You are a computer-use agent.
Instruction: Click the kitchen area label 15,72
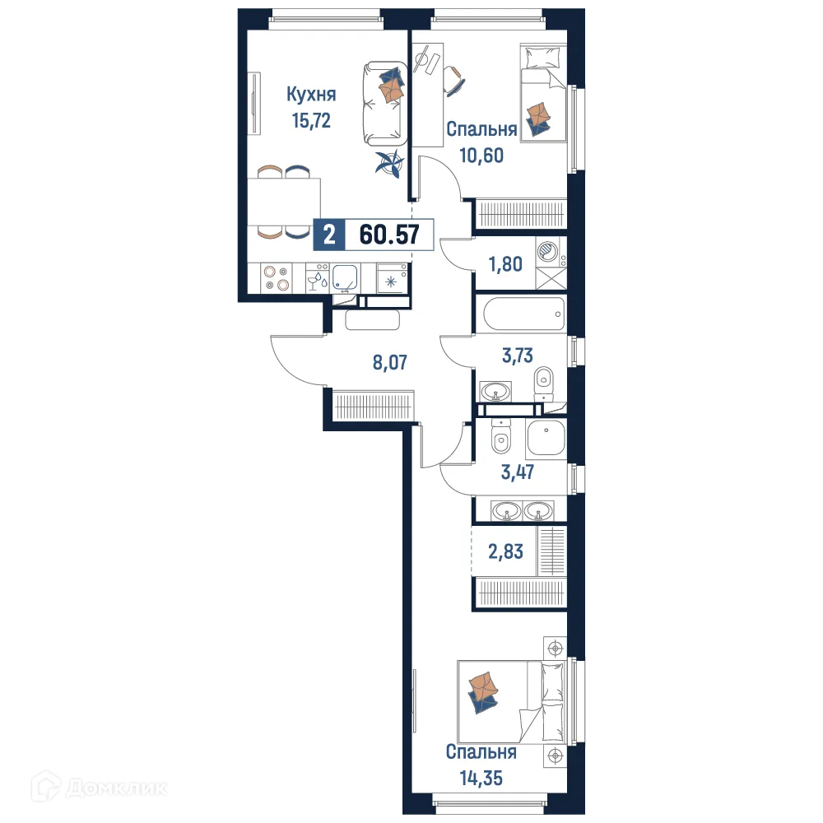311,121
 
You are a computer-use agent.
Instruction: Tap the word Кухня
311,95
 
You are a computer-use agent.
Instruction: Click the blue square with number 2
329,236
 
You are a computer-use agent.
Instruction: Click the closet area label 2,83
504,551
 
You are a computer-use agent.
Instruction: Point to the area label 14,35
481,777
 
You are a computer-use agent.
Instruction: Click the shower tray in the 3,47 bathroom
546,440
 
